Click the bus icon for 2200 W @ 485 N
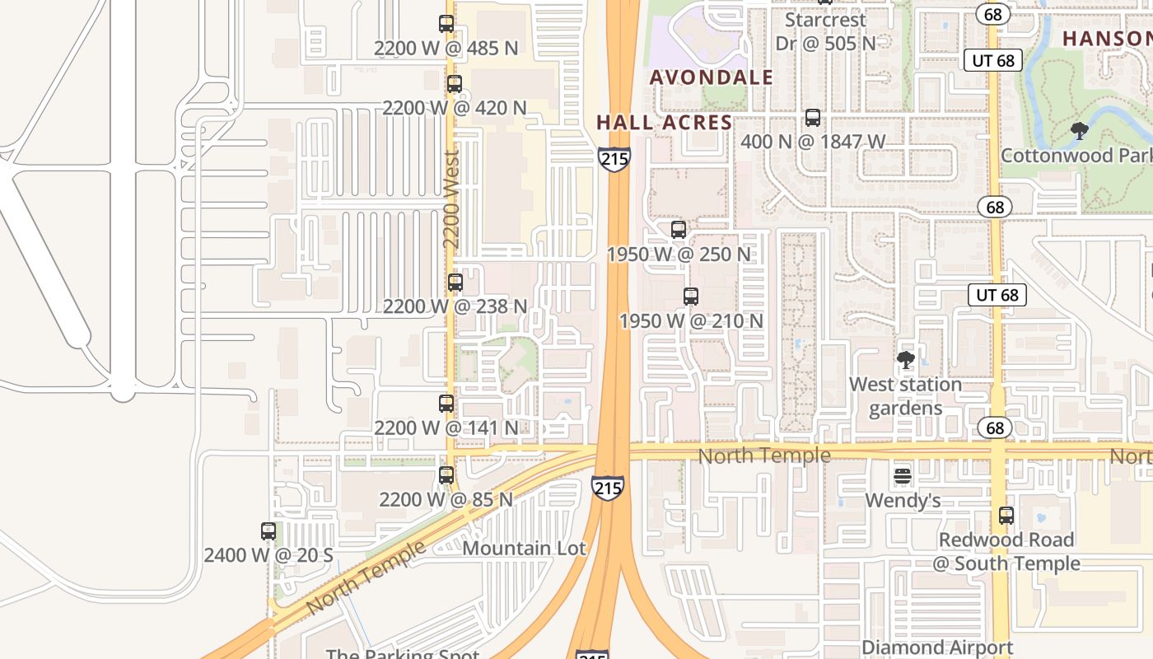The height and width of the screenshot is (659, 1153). point(446,24)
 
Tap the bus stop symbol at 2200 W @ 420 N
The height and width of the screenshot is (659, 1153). point(454,83)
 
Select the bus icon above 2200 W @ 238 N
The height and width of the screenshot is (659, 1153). point(455,283)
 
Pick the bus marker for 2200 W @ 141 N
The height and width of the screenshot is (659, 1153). point(446,404)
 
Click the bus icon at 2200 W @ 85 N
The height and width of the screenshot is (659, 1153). point(446,475)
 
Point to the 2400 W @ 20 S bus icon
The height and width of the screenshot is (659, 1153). point(268,531)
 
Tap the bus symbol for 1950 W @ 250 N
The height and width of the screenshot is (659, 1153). point(679,230)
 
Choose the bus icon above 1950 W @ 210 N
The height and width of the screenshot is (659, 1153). point(691,297)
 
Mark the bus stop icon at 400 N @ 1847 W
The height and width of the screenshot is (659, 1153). point(813,118)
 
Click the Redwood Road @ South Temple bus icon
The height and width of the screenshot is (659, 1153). point(1006,516)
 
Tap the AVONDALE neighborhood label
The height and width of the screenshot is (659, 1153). point(712,77)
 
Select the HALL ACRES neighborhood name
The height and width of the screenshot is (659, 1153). point(664,123)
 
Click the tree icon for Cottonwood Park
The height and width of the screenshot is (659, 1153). point(1079,130)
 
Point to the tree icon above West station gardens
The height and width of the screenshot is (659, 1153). point(906,360)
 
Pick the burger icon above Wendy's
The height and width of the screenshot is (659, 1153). point(903,476)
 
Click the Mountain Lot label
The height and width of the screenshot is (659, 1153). point(525,548)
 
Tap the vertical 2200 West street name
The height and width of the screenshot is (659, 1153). point(451,199)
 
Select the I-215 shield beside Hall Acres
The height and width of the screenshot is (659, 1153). point(614,159)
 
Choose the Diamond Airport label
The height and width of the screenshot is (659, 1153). point(937,647)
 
